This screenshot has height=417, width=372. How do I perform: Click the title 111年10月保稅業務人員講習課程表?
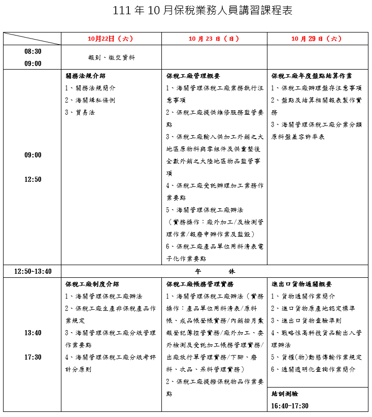click(x=202, y=11)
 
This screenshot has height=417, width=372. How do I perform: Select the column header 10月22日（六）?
click(x=110, y=39)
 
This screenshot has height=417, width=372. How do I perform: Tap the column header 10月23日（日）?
click(x=214, y=39)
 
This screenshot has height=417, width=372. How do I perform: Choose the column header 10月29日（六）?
click(x=317, y=39)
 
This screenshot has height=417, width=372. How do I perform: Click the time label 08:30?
click(x=33, y=51)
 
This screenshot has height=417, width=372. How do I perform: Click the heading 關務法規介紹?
click(x=85, y=76)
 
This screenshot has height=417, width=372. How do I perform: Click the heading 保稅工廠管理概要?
click(x=193, y=76)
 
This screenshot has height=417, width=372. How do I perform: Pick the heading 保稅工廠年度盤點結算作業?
click(x=312, y=76)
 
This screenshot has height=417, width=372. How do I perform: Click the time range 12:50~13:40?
click(x=33, y=271)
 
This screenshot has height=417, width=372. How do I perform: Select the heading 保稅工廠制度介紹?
click(x=92, y=284)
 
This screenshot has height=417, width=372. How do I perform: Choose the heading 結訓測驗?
click(x=285, y=394)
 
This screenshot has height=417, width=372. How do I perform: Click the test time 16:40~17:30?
click(x=290, y=406)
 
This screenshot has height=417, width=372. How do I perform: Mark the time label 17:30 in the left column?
click(x=33, y=357)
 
